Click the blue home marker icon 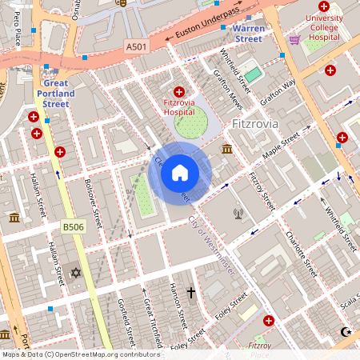(180, 172)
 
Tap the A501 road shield (137, 48)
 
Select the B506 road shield (74, 228)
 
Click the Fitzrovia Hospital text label (178, 107)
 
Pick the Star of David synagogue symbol (77, 273)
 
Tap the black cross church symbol (191, 293)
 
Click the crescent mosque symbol (346, 331)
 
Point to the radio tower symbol (238, 214)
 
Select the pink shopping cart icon (294, 38)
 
